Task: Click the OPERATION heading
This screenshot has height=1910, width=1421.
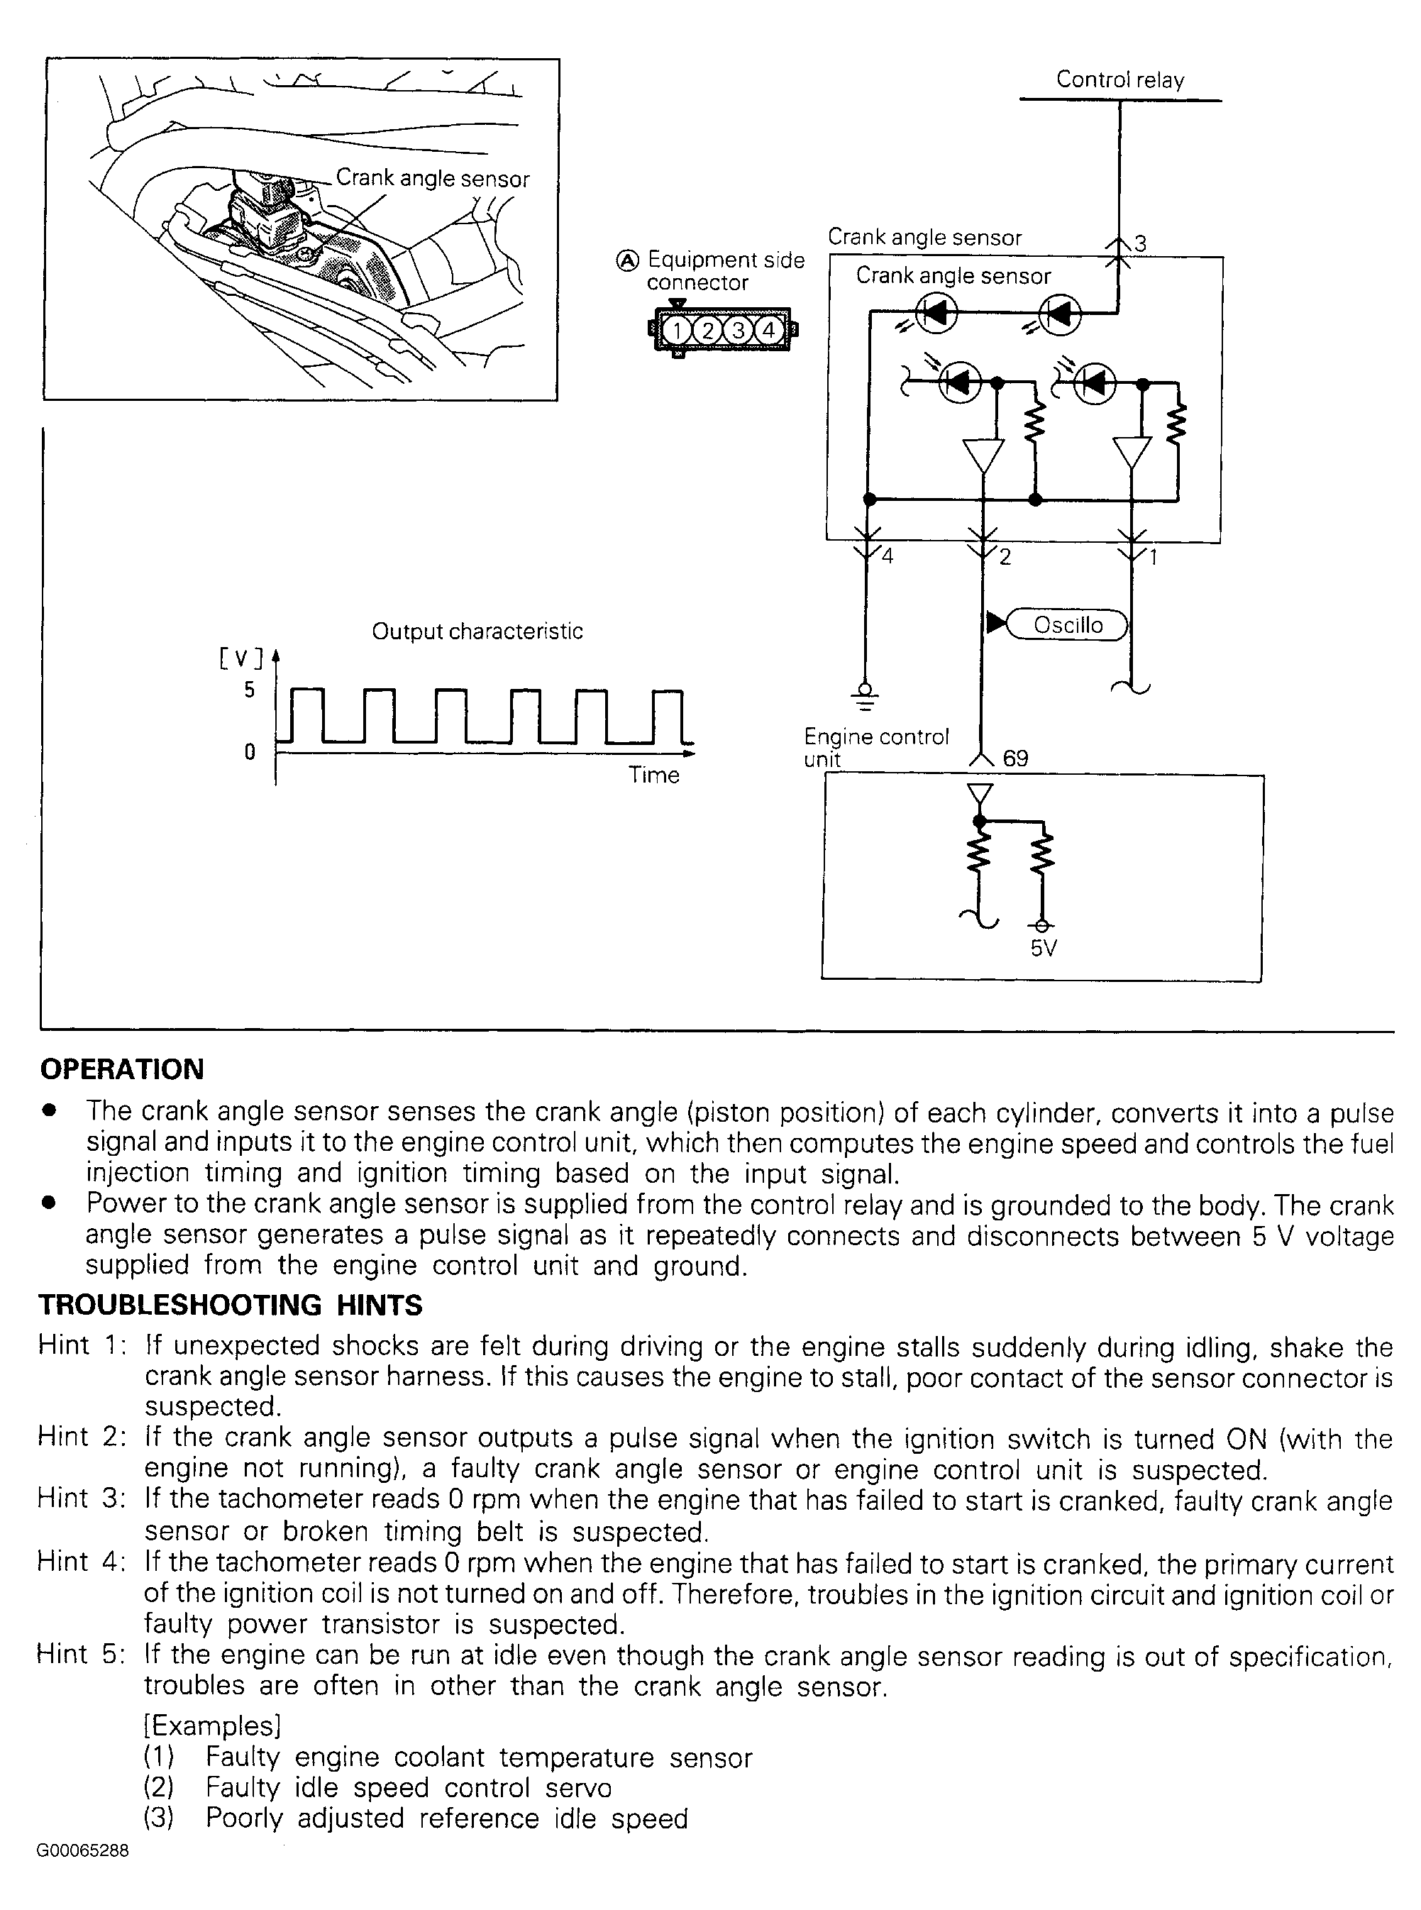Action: [121, 1069]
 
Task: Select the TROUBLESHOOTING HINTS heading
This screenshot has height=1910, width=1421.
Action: [231, 1305]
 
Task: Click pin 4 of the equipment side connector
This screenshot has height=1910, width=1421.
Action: [768, 331]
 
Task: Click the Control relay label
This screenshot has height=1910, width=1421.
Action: [1120, 80]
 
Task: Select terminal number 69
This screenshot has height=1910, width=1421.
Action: [1015, 758]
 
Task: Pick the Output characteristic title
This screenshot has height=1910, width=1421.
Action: [477, 631]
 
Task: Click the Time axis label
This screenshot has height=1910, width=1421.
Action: [653, 775]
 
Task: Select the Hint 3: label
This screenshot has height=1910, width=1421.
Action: [81, 1498]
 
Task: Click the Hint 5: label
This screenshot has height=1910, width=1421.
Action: [81, 1655]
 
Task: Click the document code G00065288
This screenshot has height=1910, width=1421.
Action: [82, 1850]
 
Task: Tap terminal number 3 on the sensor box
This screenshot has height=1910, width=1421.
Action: [1141, 243]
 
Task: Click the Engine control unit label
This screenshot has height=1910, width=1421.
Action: [875, 747]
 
